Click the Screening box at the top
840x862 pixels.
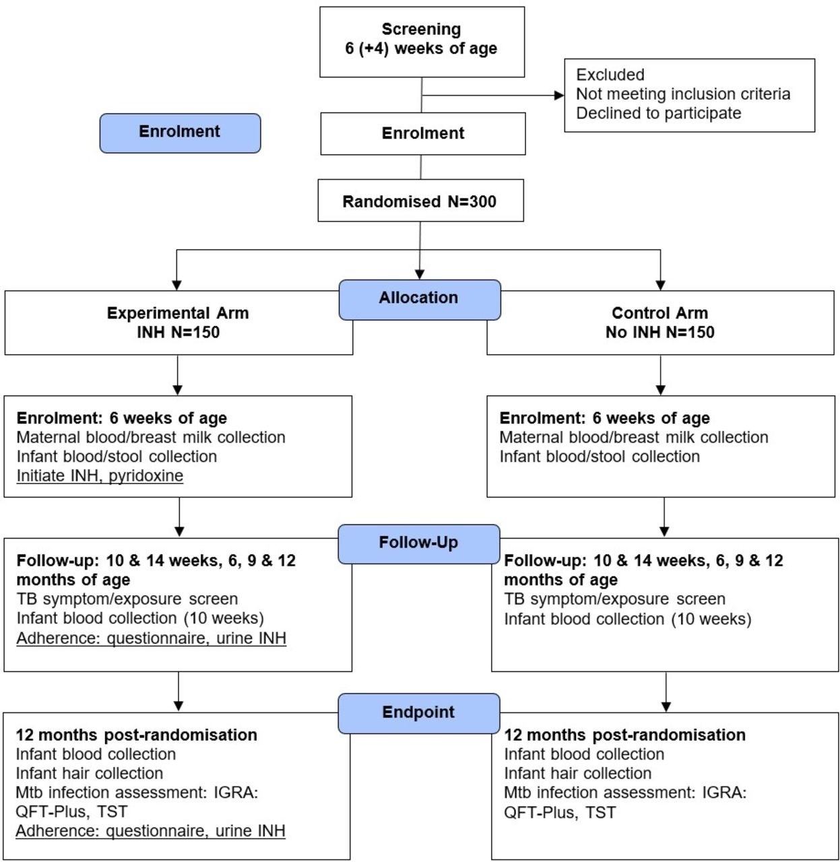[422, 42]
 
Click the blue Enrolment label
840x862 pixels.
[180, 133]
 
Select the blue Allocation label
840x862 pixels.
[420, 300]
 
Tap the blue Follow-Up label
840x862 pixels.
[419, 543]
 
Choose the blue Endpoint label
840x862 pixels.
[419, 713]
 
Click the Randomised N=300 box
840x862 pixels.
[420, 200]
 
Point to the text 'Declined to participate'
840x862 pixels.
[658, 113]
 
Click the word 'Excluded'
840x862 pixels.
[610, 75]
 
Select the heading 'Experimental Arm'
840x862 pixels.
[178, 312]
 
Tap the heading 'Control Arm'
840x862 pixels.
[659, 312]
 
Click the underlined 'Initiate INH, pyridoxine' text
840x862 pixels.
[100, 475]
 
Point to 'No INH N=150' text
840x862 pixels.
[659, 332]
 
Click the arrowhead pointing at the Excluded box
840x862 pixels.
[559, 95]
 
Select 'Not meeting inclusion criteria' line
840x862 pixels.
[683, 94]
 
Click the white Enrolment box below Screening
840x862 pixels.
[423, 133]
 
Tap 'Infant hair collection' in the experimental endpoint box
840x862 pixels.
[90, 773]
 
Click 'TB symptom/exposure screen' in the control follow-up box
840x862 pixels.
[614, 599]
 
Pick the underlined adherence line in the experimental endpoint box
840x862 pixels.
[151, 831]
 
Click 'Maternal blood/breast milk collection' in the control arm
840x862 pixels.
[634, 437]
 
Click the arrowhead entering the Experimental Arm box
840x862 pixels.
[176, 286]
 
